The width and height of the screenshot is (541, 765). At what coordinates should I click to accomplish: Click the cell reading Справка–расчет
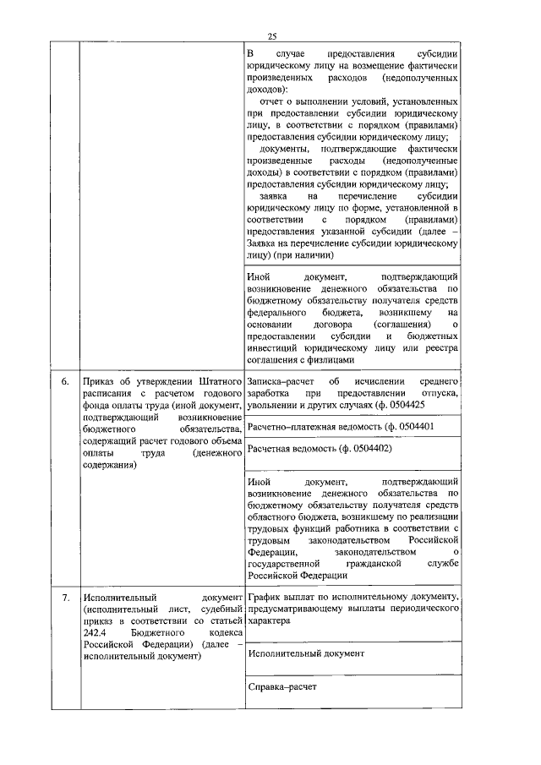(281, 687)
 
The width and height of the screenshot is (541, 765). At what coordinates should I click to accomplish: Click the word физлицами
(330, 359)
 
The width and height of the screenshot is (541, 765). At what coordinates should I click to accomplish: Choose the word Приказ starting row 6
(98, 382)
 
